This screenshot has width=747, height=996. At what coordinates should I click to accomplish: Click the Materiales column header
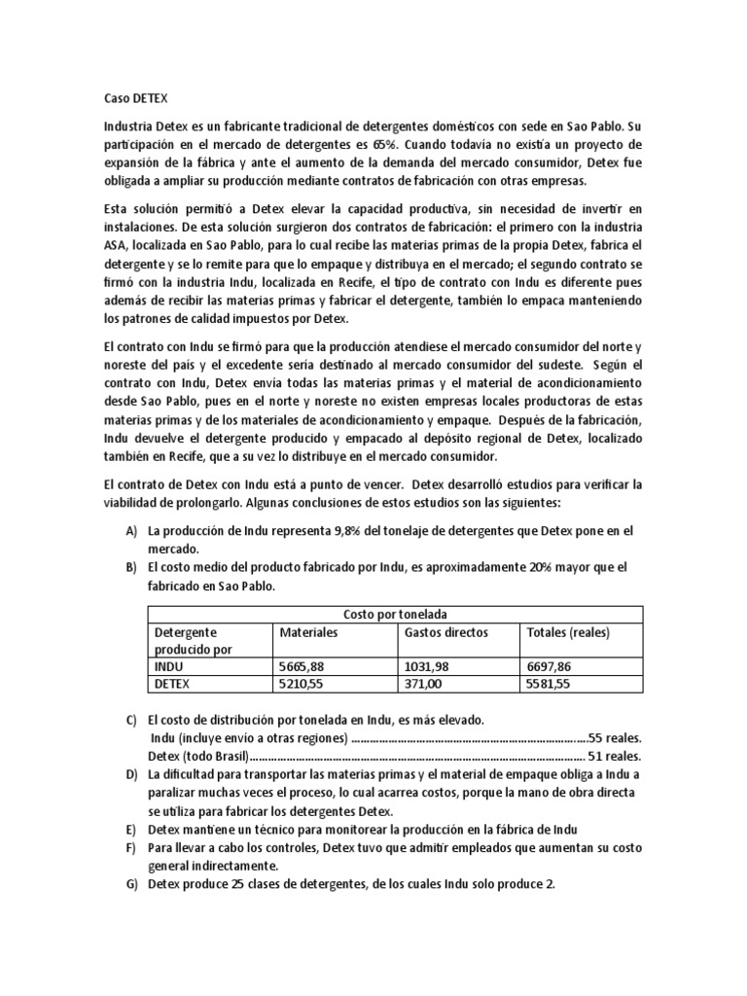click(308, 633)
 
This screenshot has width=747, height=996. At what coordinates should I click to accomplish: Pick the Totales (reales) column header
click(567, 633)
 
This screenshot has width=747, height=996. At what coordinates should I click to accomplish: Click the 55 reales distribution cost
click(617, 737)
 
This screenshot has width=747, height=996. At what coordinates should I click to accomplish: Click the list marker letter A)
click(131, 530)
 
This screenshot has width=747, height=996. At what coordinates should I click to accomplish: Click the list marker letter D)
click(131, 774)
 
